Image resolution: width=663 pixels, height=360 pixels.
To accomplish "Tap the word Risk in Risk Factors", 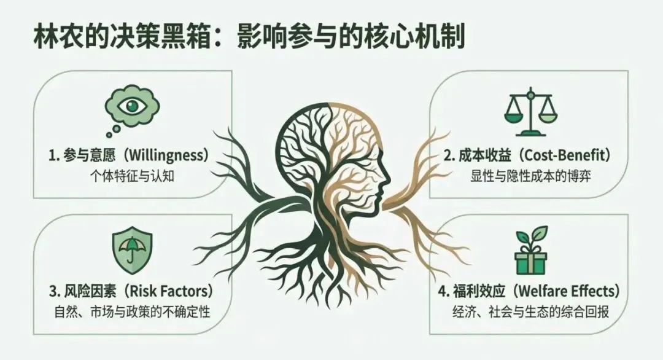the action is point(152,290).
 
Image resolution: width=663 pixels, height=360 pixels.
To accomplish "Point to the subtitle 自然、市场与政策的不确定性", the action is point(131,310).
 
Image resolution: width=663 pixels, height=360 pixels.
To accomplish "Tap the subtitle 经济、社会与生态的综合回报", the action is point(529,310).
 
